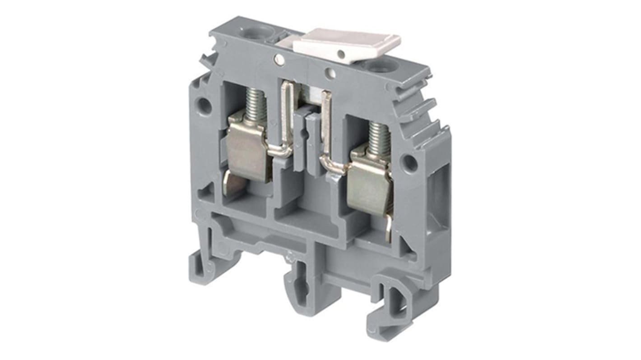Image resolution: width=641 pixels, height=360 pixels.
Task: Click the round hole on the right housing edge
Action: click(410, 163)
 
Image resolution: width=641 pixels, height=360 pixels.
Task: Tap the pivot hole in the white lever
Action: click(341, 55)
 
